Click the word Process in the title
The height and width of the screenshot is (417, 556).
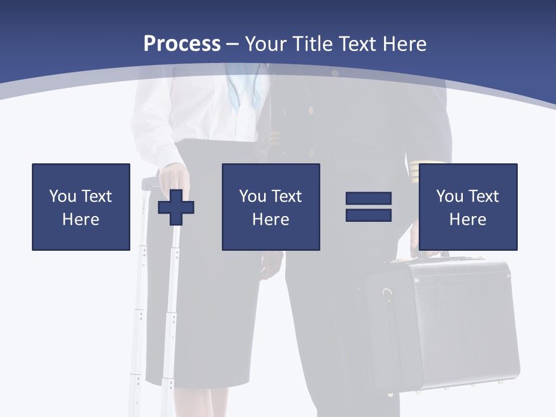tap(182, 43)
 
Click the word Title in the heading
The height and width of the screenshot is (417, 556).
tap(311, 43)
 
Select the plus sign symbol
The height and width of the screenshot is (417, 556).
tap(176, 207)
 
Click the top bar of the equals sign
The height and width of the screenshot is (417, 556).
tap(368, 199)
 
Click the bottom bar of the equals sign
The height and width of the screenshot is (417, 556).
tap(368, 215)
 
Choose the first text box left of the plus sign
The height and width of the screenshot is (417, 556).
tap(81, 207)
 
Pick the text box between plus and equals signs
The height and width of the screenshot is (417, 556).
tap(270, 207)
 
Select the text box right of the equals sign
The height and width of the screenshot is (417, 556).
tap(467, 207)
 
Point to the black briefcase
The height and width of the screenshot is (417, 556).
tap(446, 324)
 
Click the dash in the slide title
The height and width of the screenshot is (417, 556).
tap(232, 44)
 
